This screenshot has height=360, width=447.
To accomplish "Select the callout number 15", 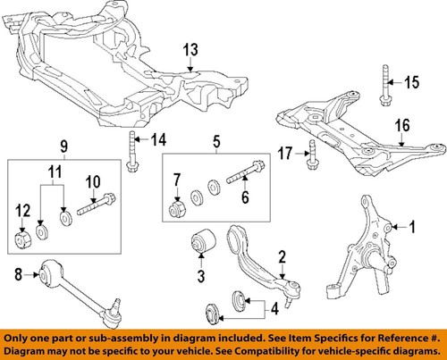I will (x=411, y=83).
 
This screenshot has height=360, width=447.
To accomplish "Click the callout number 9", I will (x=63, y=146).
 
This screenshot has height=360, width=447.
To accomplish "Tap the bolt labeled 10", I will (x=95, y=201).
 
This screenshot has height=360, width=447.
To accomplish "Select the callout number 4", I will (x=274, y=311).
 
